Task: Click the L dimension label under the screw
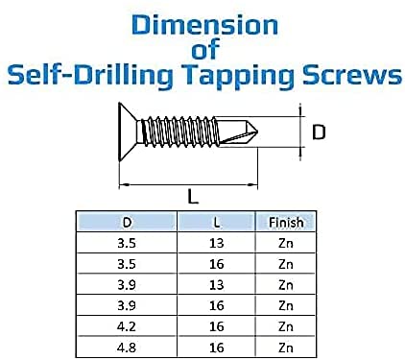coord(193,197)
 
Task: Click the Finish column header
coord(285,222)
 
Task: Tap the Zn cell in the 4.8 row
coord(285,343)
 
